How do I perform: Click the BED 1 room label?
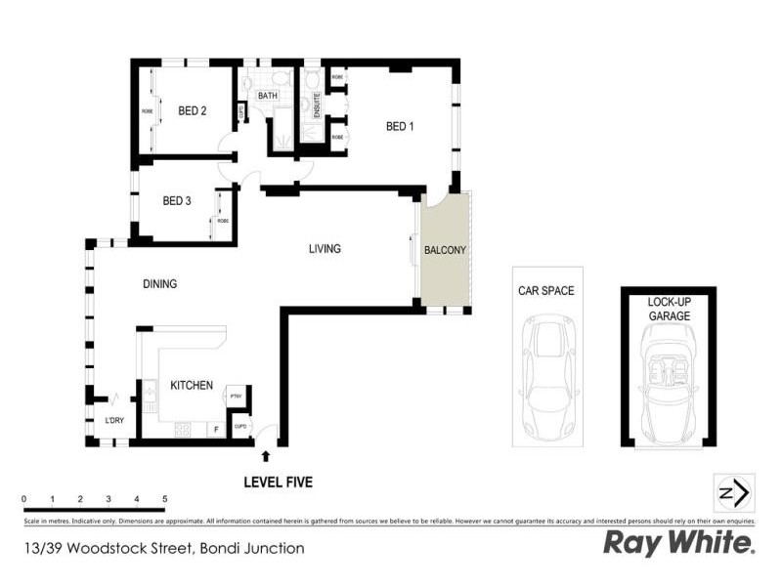400,126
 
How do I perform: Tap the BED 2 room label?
192,111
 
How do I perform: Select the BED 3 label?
176,201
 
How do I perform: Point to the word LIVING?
325,249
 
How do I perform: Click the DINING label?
159,284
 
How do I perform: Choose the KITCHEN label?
192,386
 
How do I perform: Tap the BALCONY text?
445,250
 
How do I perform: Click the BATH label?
267,96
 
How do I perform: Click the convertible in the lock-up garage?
670,383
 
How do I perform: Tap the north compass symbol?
734,492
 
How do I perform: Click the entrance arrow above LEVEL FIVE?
265,454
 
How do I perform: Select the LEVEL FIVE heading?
278,481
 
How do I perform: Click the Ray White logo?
678,543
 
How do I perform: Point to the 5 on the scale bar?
165,499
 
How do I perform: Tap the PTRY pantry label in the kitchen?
235,397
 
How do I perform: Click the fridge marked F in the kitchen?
214,429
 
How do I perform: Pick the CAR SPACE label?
545,291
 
